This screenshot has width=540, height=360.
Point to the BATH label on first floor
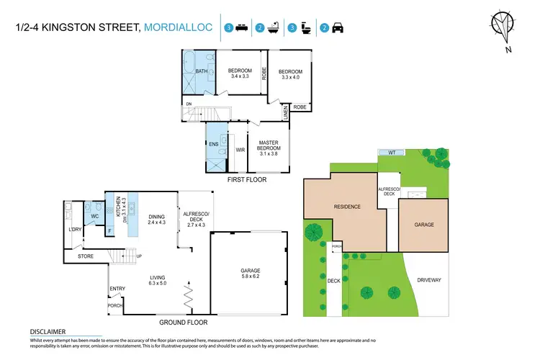[x=192, y=71]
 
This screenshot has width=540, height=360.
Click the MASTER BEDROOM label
[x=269, y=145]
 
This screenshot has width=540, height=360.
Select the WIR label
[x=239, y=150]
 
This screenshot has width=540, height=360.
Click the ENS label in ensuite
[x=214, y=145]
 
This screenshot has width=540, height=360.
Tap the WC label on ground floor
[x=94, y=215]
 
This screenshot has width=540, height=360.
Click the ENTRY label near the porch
[x=117, y=289]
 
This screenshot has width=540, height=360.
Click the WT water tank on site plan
[x=392, y=152]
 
